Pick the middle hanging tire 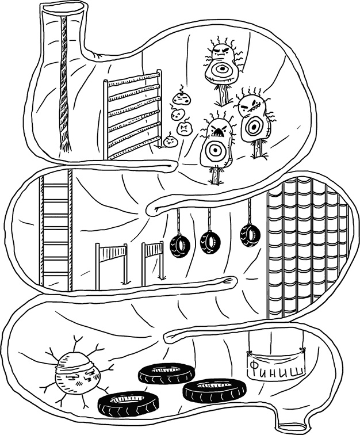click(x=210, y=242)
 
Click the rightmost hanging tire click(x=250, y=235)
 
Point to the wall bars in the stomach click(x=133, y=115)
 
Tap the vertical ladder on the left click(x=56, y=230)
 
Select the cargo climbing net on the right click(x=308, y=247)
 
